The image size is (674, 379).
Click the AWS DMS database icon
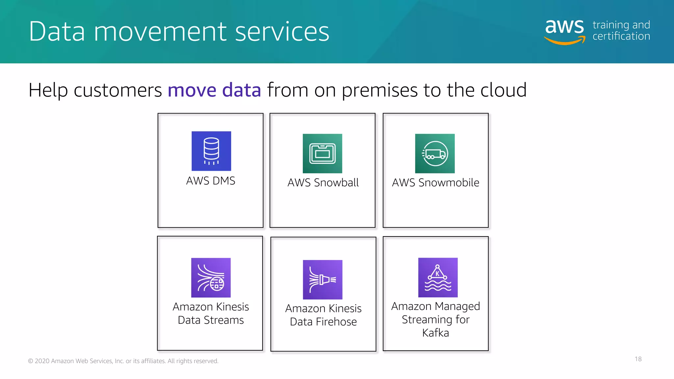point(211,151)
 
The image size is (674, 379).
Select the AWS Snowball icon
point(323,153)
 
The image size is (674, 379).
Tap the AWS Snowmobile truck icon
point(435,153)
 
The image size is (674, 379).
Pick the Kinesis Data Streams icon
point(211,278)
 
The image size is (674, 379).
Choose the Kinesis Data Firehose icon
point(323,280)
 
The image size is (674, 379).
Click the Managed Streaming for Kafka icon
point(438,277)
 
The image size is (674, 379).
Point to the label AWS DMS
point(211,181)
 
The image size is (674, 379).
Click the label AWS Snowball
point(323,183)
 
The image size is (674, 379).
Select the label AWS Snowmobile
point(435,183)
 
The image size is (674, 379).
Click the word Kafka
point(435,333)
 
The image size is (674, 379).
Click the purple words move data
point(214,90)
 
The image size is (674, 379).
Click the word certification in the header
point(621,36)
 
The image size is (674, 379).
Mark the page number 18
point(638,359)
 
